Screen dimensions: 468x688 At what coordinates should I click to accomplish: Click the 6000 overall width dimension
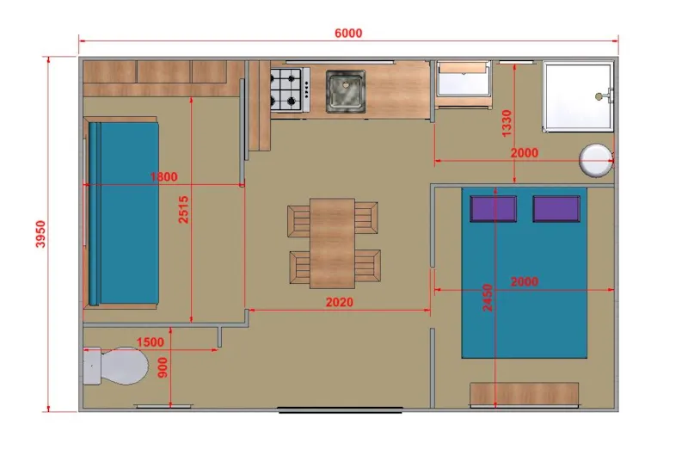click(x=348, y=34)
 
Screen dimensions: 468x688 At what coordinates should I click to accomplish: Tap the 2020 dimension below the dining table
click(x=339, y=302)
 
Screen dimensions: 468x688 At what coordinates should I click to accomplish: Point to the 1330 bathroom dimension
click(x=507, y=123)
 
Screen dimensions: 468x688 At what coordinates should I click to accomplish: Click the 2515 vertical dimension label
click(x=183, y=207)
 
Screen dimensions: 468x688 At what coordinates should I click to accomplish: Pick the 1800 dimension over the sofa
click(x=163, y=177)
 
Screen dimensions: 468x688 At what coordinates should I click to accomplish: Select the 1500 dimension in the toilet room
click(x=150, y=342)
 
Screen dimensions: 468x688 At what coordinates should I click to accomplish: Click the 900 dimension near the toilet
click(x=163, y=367)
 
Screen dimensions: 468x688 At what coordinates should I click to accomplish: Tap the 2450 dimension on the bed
click(x=488, y=297)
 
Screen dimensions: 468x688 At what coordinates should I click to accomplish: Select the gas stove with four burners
click(x=288, y=89)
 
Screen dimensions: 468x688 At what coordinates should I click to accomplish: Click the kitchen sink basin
click(x=345, y=90)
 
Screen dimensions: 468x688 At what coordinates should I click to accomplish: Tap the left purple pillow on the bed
click(x=493, y=209)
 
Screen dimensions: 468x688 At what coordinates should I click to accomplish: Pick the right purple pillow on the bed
click(x=555, y=209)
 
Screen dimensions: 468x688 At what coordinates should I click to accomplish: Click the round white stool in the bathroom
click(x=595, y=159)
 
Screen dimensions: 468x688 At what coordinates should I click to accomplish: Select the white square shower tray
click(x=578, y=96)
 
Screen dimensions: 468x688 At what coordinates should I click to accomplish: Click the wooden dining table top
click(x=332, y=243)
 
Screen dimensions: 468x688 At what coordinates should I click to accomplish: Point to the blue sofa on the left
click(x=123, y=213)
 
